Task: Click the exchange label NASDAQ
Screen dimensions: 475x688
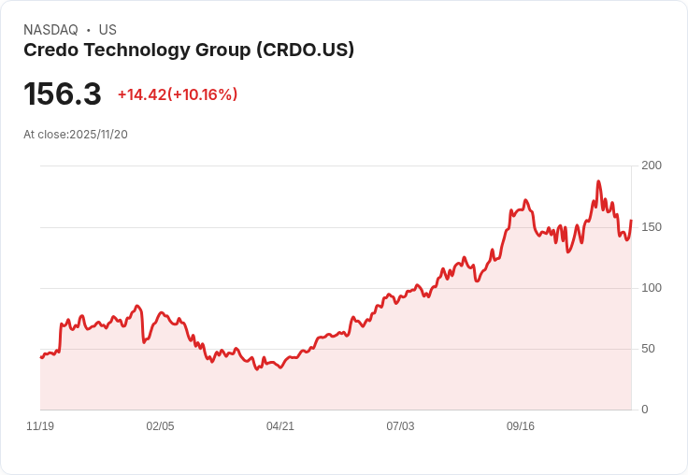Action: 50,30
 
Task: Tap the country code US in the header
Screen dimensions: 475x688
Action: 107,30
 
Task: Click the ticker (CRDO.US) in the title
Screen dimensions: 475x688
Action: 305,50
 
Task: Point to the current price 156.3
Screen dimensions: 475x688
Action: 62,94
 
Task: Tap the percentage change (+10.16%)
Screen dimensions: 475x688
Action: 203,94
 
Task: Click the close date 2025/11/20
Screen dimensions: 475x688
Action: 98,135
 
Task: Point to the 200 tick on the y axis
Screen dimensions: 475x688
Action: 652,166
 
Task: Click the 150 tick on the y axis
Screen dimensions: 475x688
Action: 652,227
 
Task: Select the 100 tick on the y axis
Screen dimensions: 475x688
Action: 652,288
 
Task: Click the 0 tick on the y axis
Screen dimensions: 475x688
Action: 645,410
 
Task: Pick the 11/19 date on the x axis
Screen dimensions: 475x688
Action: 40,426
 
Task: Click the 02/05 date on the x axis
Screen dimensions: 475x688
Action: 160,426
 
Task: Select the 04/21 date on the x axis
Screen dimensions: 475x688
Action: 280,426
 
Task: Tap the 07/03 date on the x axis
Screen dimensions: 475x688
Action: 400,426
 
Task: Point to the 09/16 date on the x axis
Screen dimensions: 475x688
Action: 521,426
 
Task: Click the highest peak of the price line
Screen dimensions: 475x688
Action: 598,181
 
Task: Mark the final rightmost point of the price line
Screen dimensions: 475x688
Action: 631,221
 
